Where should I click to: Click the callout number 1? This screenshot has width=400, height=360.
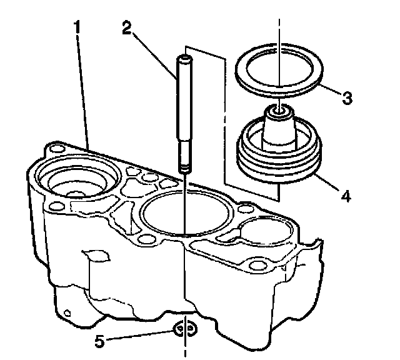[x=77, y=27]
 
